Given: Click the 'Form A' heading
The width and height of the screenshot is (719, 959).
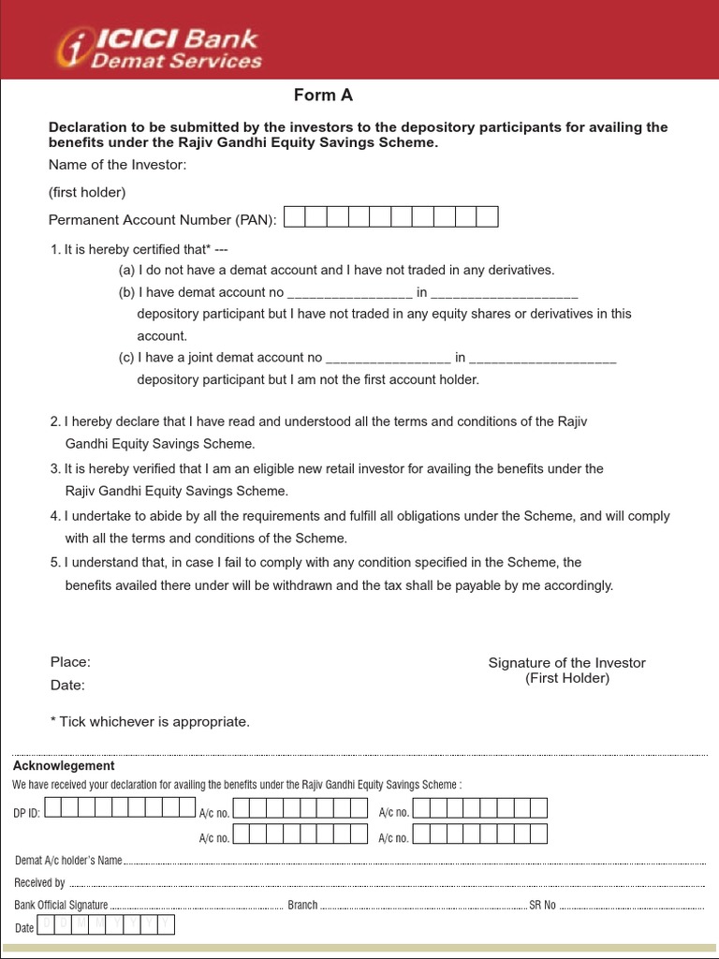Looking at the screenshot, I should (x=323, y=96).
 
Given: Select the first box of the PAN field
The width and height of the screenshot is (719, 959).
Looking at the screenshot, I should (x=295, y=218).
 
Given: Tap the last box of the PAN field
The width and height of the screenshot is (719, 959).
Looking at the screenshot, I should (x=487, y=218).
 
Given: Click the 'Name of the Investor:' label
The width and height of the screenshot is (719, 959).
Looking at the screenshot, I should (x=118, y=165).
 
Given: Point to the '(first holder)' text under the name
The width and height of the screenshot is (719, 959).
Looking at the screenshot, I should (x=87, y=192).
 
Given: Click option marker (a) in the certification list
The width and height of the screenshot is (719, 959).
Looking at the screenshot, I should (x=126, y=270).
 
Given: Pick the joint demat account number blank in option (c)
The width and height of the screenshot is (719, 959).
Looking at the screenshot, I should (x=388, y=358).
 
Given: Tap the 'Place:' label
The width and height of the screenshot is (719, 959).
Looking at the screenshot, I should (x=70, y=662).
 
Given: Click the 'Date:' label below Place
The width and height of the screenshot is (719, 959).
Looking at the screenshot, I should (x=67, y=686).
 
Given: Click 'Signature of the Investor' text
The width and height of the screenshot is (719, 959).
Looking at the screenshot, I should (x=566, y=663).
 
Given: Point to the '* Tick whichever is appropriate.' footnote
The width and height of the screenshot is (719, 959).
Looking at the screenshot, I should (x=150, y=722).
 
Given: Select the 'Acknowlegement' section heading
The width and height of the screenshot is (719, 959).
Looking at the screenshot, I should (x=64, y=766).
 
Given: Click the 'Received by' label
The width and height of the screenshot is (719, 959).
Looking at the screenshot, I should (x=39, y=882).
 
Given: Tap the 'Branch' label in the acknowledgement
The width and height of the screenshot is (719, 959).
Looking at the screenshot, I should (x=302, y=906).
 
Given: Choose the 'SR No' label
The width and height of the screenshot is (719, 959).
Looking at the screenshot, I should (x=542, y=906).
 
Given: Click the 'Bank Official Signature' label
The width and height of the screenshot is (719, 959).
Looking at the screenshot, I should (x=61, y=906).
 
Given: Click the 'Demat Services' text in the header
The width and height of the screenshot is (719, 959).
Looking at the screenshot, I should (x=176, y=62).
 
